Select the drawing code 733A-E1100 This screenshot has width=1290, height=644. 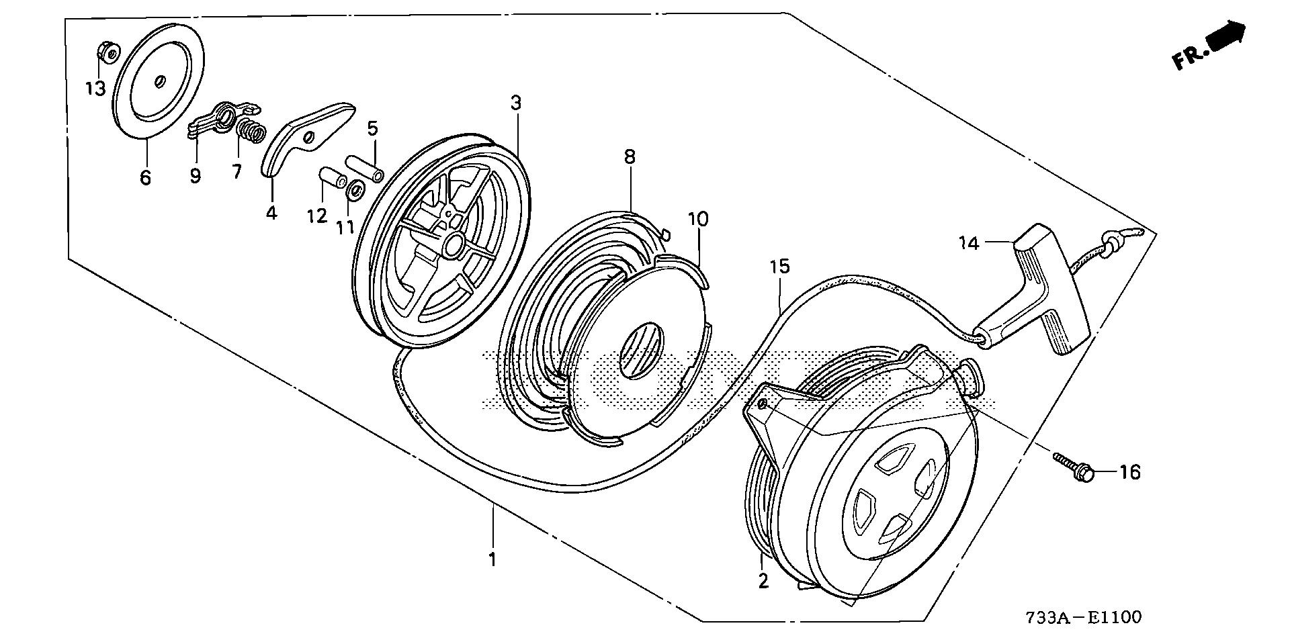(x=1083, y=617)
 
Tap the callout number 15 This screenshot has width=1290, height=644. (x=779, y=267)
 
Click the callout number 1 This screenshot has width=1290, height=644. (x=492, y=559)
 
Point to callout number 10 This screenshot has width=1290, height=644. (x=698, y=219)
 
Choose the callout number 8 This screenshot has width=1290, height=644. (x=629, y=157)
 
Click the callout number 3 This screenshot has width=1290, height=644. (x=515, y=103)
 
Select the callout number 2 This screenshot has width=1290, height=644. (x=763, y=581)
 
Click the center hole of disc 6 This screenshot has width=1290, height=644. (x=160, y=81)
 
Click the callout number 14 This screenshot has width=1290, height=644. (x=969, y=243)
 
